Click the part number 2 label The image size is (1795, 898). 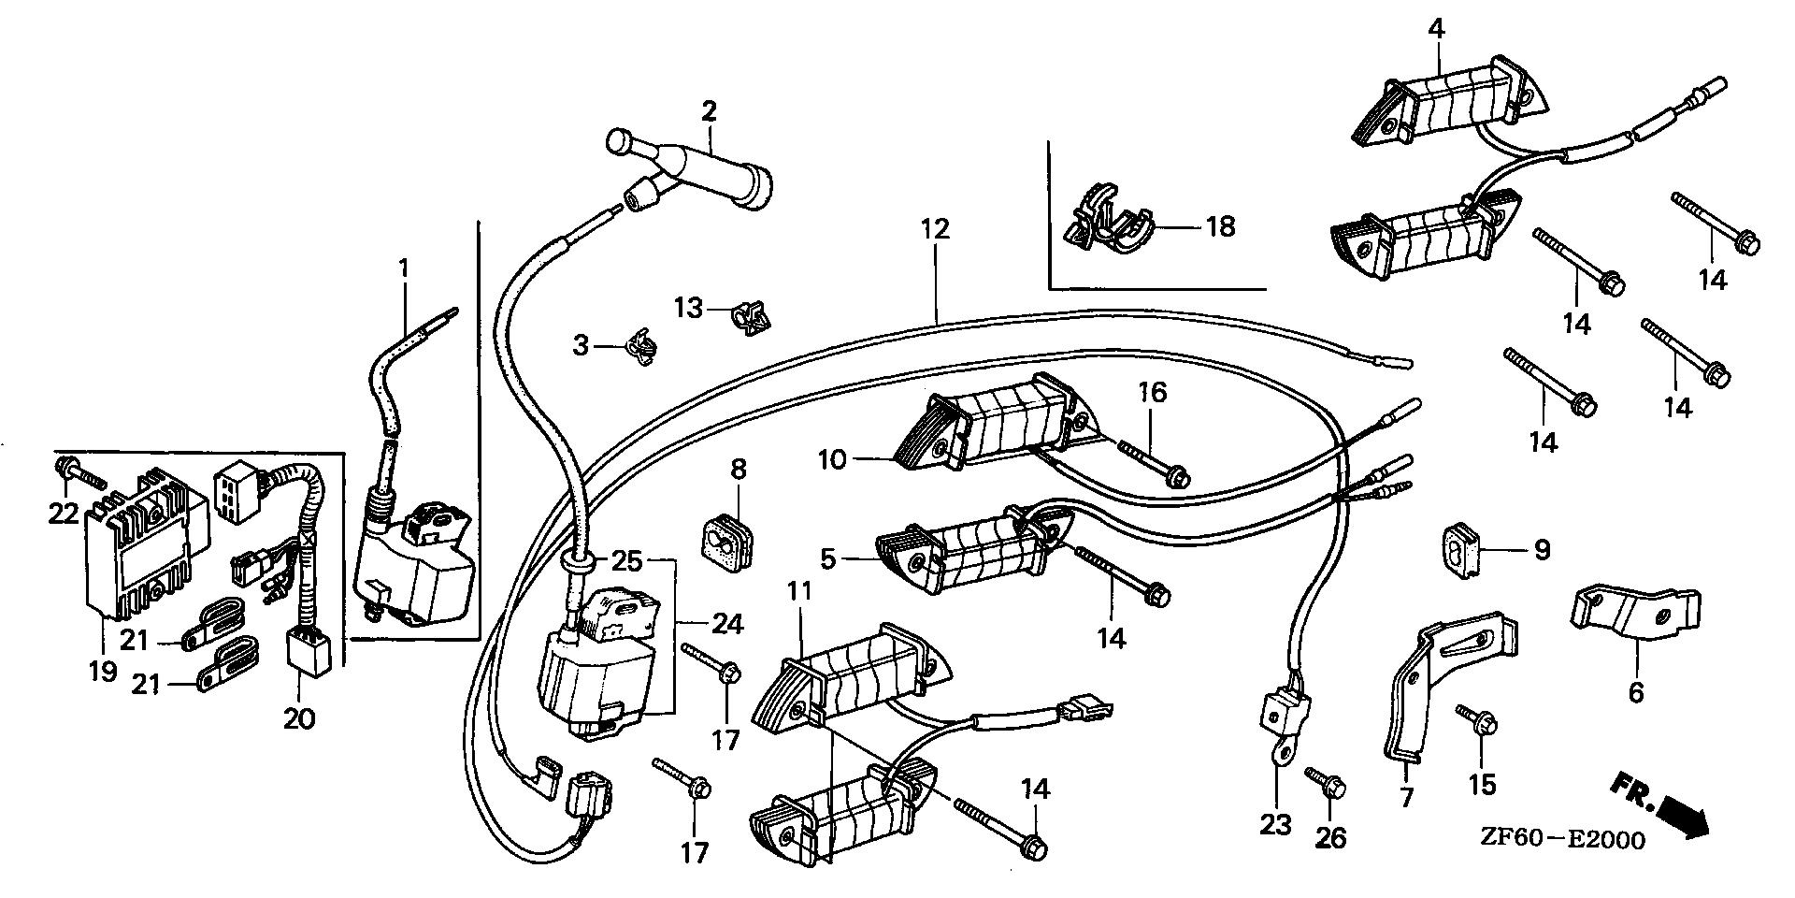point(709,113)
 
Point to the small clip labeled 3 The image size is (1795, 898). point(639,348)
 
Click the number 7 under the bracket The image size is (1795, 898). point(1406,798)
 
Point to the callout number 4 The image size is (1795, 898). point(1435,28)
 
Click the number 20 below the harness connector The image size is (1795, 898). point(299,718)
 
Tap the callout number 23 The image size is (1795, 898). point(1275,824)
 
